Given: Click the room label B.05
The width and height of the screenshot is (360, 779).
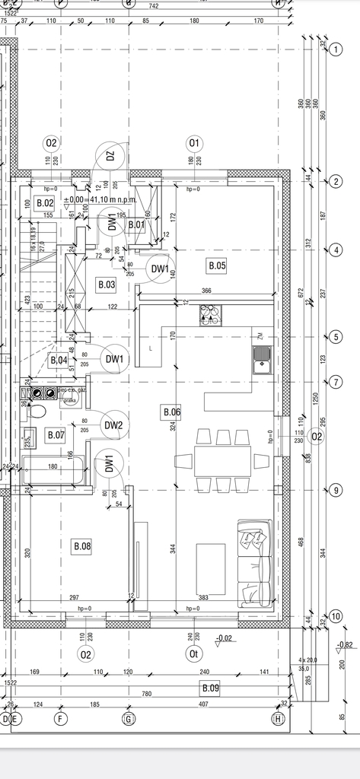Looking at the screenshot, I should click(x=217, y=265).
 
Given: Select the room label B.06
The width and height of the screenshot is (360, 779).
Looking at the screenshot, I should click(x=171, y=412).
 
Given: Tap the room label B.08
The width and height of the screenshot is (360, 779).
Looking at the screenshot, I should click(x=81, y=545).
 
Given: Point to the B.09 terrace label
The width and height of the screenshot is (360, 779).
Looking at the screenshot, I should click(x=209, y=688).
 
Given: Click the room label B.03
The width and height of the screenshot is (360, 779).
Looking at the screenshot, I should click(x=106, y=285).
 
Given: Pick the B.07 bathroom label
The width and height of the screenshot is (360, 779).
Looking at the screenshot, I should click(x=56, y=435).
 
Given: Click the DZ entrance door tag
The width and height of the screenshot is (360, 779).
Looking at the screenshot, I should click(x=110, y=157).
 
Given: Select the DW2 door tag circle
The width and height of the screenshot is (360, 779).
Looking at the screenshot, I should click(x=113, y=425).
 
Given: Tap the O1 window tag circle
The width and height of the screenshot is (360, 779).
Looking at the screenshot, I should click(x=193, y=142).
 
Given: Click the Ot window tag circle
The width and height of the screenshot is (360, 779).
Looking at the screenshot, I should click(x=193, y=653).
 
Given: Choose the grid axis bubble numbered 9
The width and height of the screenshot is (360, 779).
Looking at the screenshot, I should click(x=336, y=491).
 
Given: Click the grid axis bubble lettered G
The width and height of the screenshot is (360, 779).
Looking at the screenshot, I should click(x=129, y=718).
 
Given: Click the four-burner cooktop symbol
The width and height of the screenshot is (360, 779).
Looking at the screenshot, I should click(x=209, y=316).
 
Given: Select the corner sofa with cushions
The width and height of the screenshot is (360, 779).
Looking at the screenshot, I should click(x=254, y=564).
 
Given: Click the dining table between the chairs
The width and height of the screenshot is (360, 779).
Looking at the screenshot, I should click(x=221, y=460).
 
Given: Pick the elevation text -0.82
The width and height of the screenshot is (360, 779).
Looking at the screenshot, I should click(x=345, y=645).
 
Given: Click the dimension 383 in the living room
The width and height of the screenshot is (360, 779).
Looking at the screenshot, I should click(x=202, y=597).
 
